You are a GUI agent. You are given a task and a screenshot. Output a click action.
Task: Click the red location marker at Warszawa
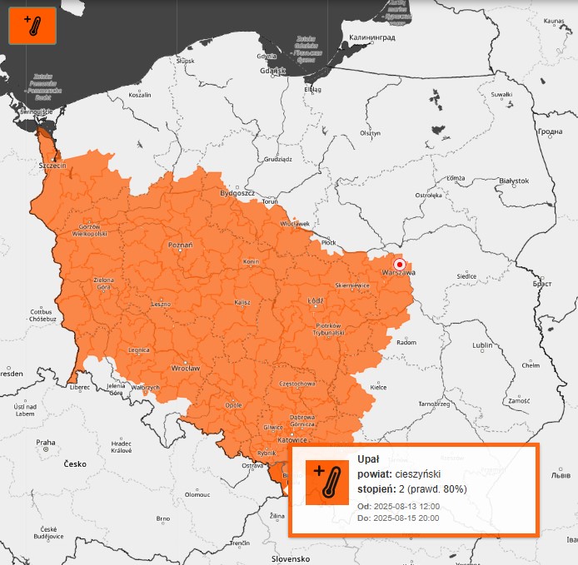point(400,265)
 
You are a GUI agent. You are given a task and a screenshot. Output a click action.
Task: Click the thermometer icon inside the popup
point(326,482)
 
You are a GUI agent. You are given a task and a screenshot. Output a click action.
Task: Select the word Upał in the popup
point(368,459)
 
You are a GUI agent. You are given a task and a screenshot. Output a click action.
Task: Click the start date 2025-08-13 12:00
point(406,506)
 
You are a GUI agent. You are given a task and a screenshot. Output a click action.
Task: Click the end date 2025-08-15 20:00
point(406,518)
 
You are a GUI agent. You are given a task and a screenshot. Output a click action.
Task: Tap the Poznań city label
point(181,245)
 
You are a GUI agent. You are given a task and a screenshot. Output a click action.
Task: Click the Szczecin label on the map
point(52,166)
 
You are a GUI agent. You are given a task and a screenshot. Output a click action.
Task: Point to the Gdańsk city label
point(272,71)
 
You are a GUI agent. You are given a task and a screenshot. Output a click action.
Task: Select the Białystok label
point(513,181)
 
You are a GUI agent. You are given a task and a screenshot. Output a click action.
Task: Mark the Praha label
point(45,442)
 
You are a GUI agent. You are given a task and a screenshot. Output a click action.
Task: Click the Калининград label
point(371,37)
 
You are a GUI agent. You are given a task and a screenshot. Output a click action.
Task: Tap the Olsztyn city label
point(370,133)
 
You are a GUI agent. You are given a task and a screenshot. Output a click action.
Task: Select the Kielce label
point(378,387)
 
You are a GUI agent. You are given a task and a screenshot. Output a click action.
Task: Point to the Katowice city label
point(292,439)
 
